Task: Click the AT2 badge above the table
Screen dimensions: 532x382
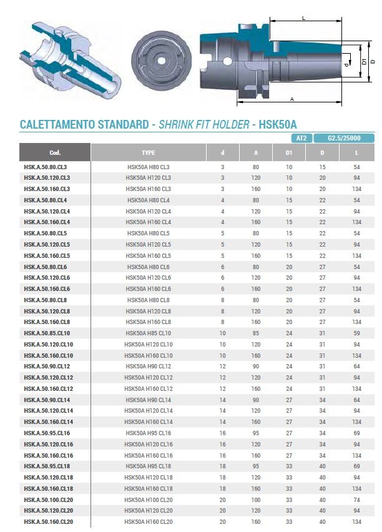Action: (x=301, y=137)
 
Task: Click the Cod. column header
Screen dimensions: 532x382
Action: (x=55, y=152)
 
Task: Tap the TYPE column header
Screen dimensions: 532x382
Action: (x=149, y=152)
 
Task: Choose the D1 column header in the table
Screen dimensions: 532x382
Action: (x=289, y=152)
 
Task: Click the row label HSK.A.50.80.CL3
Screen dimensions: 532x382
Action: (x=46, y=167)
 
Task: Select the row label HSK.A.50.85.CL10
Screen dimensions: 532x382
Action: (x=47, y=333)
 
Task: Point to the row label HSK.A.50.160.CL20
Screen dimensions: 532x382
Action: (x=48, y=521)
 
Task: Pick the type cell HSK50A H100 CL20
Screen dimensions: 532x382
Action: (x=149, y=500)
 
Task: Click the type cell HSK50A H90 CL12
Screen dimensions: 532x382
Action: (x=149, y=367)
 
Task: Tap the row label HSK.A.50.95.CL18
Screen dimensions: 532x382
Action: (x=47, y=466)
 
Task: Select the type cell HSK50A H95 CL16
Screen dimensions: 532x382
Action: (x=149, y=433)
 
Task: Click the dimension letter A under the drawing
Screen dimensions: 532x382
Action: (x=292, y=99)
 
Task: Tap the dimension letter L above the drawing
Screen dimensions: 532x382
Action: (x=303, y=19)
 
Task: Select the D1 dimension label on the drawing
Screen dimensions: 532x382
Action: (x=365, y=62)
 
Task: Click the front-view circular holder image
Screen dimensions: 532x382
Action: (x=160, y=59)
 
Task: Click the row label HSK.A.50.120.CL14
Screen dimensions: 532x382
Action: (x=48, y=411)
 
